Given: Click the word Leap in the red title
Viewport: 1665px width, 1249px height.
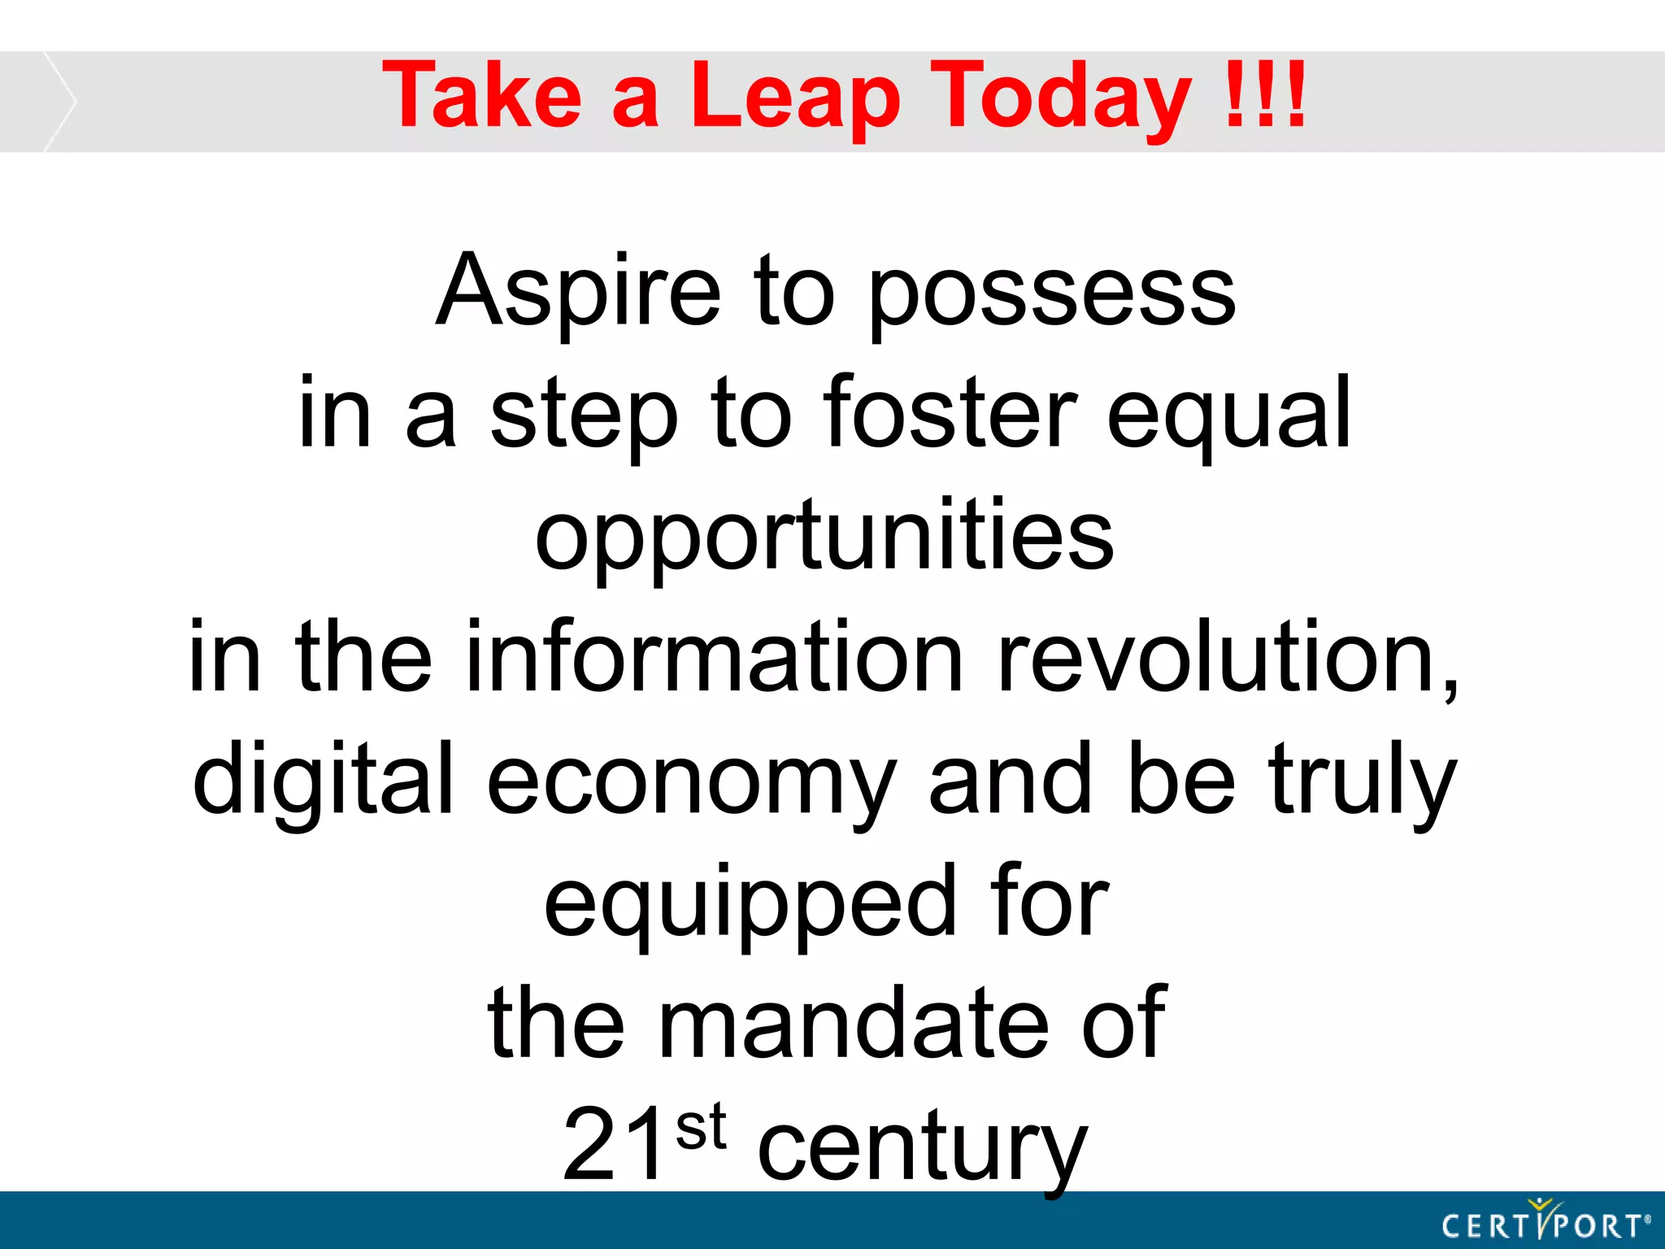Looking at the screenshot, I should pos(795,98).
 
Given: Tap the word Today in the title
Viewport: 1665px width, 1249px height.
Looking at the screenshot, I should pos(1061,98).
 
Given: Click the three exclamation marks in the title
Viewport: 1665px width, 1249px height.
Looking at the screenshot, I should pos(1265,96).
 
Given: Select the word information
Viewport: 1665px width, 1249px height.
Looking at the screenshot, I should pos(714,657).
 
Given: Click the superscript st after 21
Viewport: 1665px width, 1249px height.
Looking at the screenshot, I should pos(700,1127).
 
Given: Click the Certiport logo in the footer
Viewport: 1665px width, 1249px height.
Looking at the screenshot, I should pos(1545,1222).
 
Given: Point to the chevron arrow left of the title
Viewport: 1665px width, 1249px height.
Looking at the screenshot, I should pos(59,102).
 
